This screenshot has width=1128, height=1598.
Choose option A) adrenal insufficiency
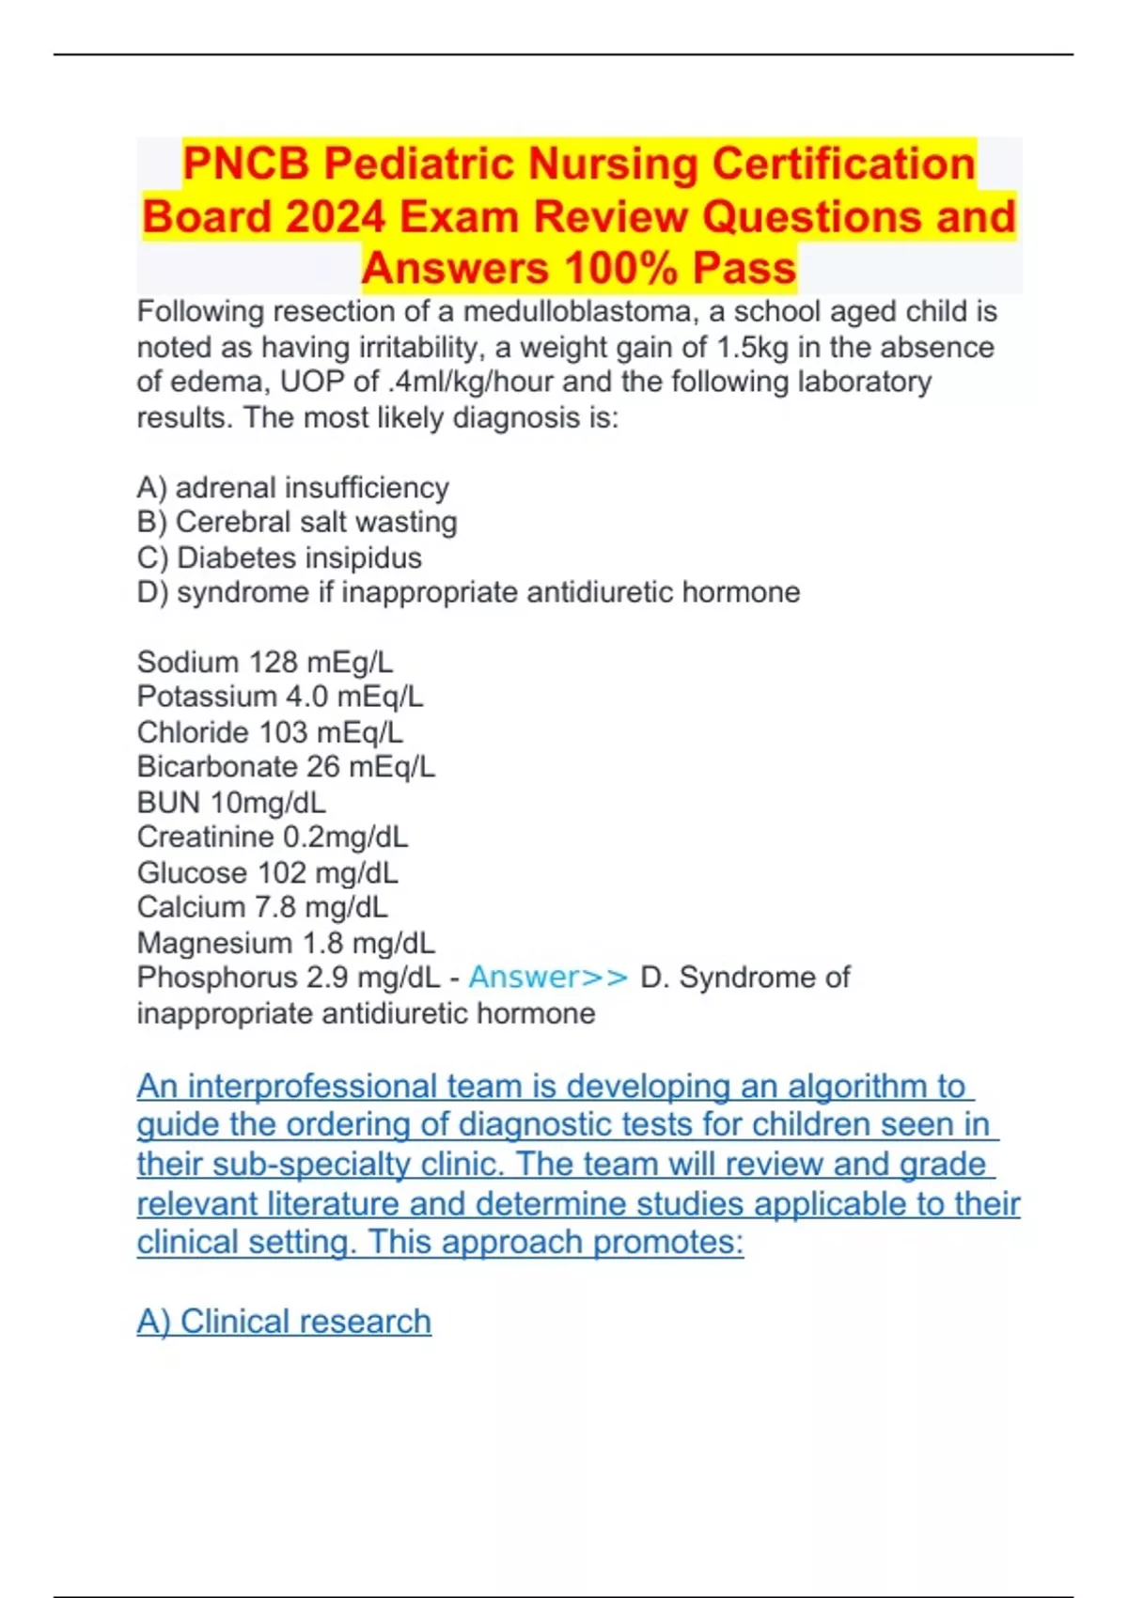click(292, 488)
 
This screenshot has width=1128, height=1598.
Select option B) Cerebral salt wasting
click(297, 523)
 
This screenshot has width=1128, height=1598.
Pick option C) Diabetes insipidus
click(279, 557)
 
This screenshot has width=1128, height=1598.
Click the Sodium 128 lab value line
click(265, 662)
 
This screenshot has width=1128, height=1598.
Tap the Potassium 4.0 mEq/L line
click(280, 697)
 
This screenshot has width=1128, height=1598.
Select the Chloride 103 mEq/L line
click(270, 731)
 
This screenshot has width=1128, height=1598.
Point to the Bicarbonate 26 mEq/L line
click(286, 767)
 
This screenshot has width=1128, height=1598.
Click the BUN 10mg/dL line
click(231, 802)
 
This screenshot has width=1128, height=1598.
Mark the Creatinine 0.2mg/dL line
click(273, 837)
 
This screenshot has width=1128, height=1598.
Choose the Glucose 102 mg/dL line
click(267, 872)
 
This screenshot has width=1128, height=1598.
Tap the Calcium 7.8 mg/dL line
click(262, 907)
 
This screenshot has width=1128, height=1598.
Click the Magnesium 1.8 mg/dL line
click(286, 942)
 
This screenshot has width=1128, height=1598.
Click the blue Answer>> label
click(548, 978)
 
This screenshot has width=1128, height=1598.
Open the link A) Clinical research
click(284, 1322)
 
